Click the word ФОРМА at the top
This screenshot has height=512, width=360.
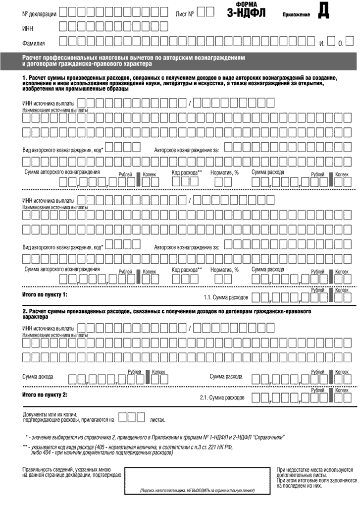pyautogui.click(x=246, y=4)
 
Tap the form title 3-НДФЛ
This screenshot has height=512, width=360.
pyautogui.click(x=246, y=12)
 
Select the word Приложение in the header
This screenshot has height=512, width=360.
pyautogui.click(x=296, y=15)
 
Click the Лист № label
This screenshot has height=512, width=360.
pyautogui.click(x=184, y=13)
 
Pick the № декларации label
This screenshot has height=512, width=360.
pyautogui.click(x=41, y=13)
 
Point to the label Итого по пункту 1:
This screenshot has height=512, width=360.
pyautogui.click(x=45, y=295)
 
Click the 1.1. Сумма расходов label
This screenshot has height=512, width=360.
pyautogui.click(x=226, y=298)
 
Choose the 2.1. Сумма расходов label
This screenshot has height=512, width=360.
pyautogui.click(x=222, y=398)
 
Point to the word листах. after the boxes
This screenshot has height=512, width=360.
pyautogui.click(x=157, y=419)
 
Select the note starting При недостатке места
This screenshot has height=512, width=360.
pyautogui.click(x=314, y=469)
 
